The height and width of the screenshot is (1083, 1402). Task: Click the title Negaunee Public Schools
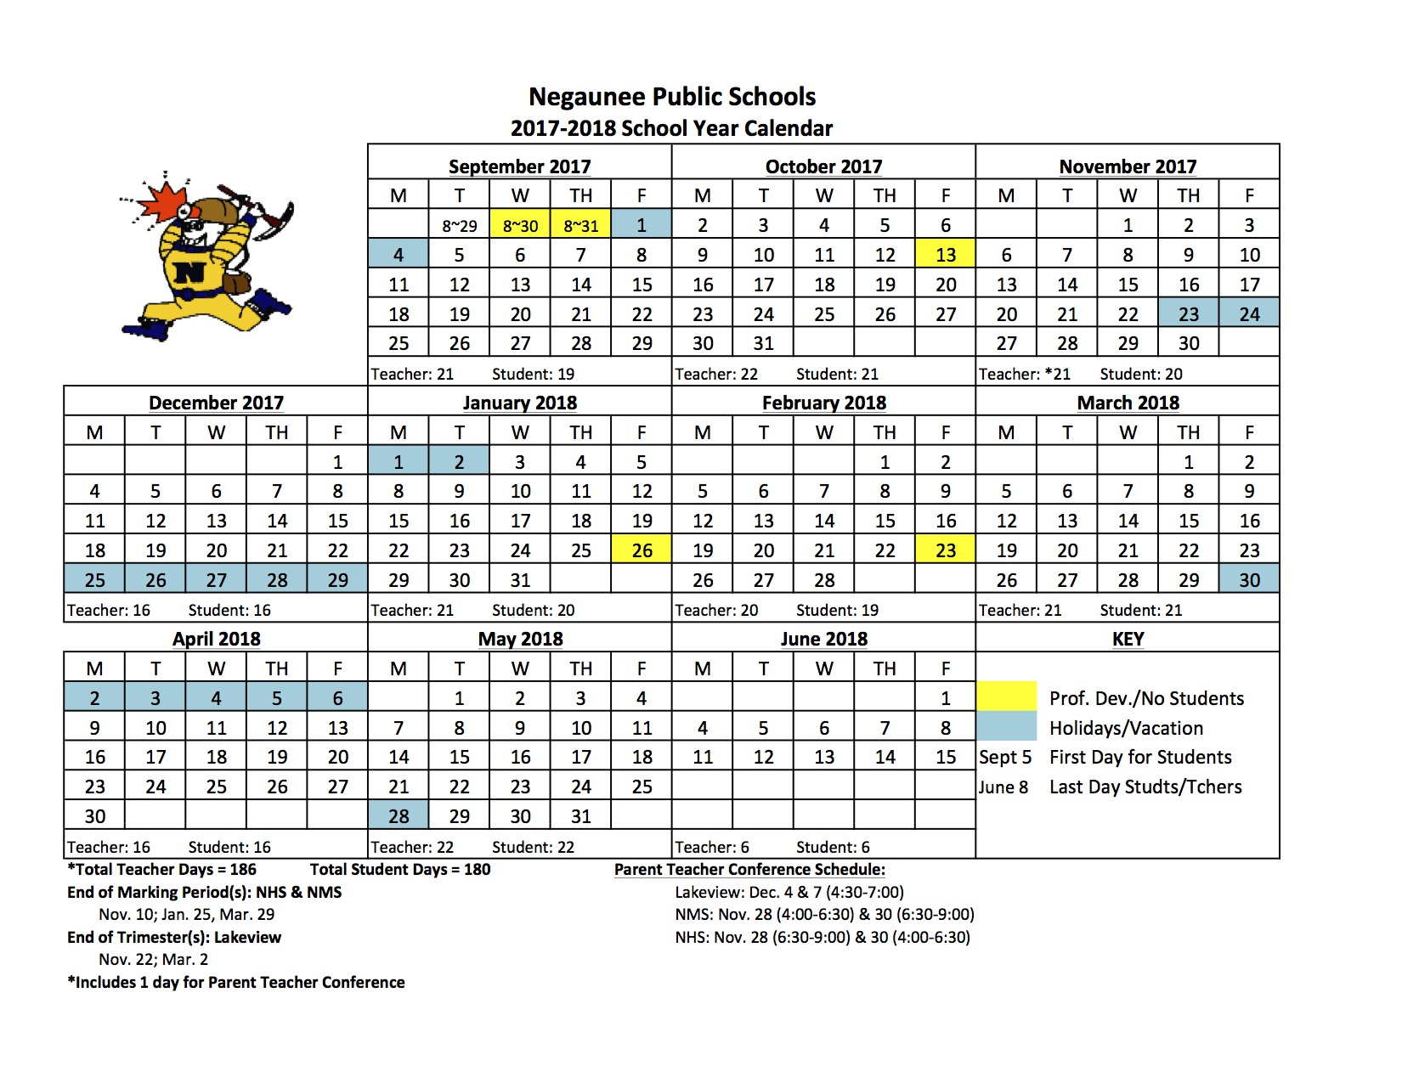point(672,97)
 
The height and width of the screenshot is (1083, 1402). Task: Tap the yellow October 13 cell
point(945,255)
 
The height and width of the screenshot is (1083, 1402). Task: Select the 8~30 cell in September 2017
point(520,226)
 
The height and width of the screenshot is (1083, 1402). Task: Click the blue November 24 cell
point(1249,314)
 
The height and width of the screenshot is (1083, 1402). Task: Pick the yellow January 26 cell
point(642,550)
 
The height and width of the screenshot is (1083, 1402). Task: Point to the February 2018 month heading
point(823,403)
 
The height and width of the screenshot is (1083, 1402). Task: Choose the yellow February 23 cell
point(945,550)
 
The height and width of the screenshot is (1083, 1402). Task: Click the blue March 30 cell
point(1249,580)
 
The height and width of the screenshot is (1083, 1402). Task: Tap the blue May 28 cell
point(399,816)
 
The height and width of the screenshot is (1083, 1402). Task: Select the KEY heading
point(1128,639)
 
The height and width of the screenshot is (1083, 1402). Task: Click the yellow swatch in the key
point(1007,697)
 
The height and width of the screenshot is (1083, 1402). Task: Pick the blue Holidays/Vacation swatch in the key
point(1007,726)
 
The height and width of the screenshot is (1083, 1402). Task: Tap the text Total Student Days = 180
point(400,869)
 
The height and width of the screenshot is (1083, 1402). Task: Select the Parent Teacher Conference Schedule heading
point(749,869)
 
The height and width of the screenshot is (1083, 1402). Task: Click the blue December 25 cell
point(94,580)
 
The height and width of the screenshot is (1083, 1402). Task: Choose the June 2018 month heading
point(823,639)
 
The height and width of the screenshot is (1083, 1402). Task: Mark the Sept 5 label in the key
point(1005,757)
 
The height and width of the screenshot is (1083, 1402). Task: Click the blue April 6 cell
point(337,698)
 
